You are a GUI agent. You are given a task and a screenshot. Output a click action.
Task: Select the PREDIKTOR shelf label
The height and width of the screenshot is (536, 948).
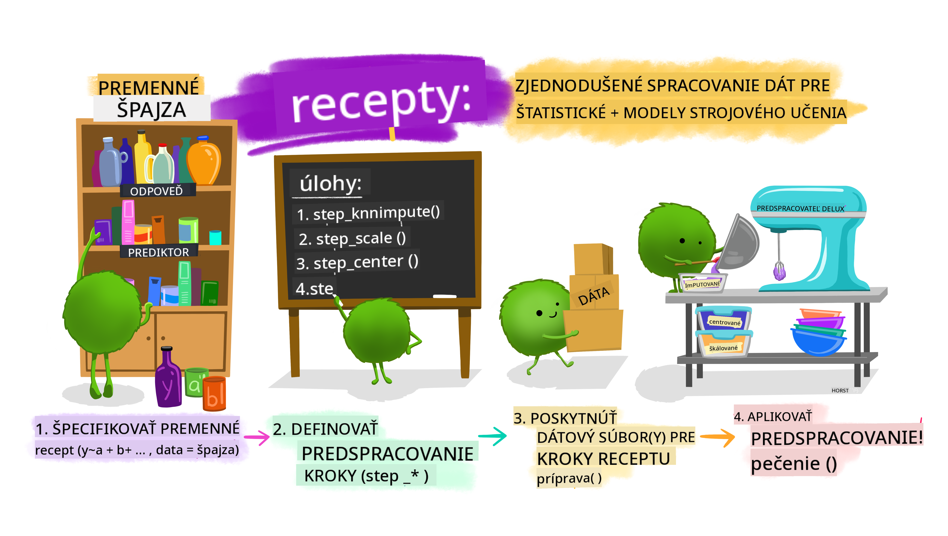(x=158, y=252)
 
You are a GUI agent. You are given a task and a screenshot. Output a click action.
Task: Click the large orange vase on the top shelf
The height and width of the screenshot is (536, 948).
(x=204, y=161)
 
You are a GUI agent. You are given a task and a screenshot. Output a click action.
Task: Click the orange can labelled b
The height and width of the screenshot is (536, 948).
(x=214, y=394)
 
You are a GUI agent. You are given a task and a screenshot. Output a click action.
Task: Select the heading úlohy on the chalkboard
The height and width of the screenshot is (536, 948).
(x=330, y=183)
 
